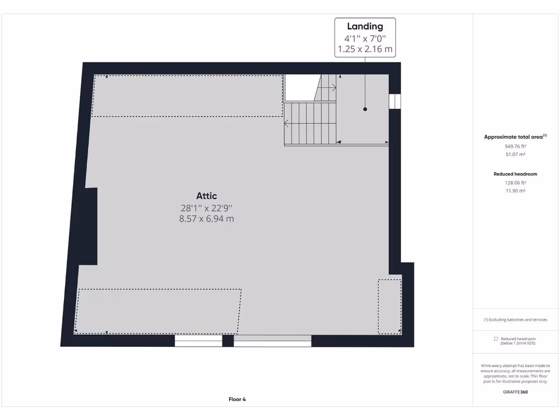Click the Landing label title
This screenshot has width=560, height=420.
365,26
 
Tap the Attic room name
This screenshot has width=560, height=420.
207,196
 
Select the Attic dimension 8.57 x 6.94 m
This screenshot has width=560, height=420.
207,219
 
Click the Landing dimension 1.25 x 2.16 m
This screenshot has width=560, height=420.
365,49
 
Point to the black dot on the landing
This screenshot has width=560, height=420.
365,109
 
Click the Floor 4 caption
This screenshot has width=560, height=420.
237,399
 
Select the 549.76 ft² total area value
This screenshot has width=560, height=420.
515,147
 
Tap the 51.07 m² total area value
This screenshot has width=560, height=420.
515,155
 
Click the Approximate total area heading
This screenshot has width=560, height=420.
515,137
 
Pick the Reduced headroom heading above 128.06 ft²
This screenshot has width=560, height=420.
515,174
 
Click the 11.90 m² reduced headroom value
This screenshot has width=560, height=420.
515,191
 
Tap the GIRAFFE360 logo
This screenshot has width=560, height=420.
515,392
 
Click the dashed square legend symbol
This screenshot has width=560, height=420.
495,339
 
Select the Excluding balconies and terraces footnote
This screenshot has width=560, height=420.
515,320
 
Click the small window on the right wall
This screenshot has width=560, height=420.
394,101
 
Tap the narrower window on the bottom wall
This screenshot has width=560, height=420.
199,341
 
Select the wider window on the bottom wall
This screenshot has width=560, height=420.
272,341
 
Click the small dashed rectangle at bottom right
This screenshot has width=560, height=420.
389,306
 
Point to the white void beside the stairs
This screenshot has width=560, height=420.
299,87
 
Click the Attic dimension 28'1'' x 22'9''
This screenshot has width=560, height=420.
207,208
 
